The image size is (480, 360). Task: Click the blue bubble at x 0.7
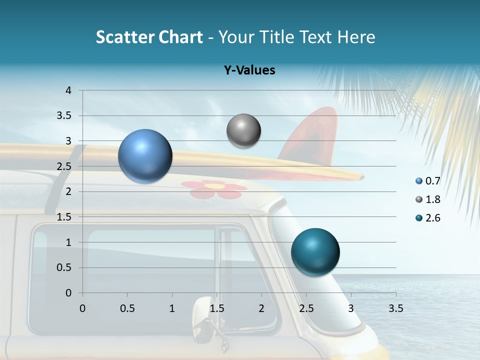145,156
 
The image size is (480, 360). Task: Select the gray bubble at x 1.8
243,131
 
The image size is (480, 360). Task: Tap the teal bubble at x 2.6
315,252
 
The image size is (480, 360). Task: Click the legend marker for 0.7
419,181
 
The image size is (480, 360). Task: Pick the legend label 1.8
432,199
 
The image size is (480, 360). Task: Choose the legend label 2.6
432,218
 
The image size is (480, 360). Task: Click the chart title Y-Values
249,70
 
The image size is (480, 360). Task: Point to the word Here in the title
356,37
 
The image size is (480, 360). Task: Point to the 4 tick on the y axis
69,90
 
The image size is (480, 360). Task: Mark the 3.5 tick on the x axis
395,308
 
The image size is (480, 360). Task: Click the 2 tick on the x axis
261,308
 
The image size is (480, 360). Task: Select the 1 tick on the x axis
172,308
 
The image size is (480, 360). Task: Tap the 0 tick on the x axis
82,308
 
